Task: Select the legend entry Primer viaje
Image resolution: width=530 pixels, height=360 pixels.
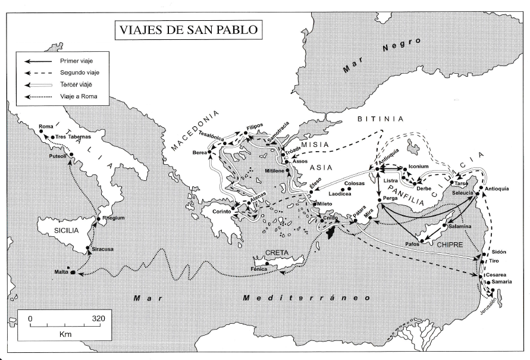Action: point(76,61)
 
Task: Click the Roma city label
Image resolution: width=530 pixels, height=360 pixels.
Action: point(46,126)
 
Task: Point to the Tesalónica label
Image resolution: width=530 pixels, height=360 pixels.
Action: point(211,135)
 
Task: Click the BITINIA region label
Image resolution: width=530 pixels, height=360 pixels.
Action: point(380,119)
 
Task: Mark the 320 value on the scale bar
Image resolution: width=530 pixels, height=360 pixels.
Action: point(98,318)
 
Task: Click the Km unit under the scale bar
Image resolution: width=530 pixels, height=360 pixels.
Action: point(65,335)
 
